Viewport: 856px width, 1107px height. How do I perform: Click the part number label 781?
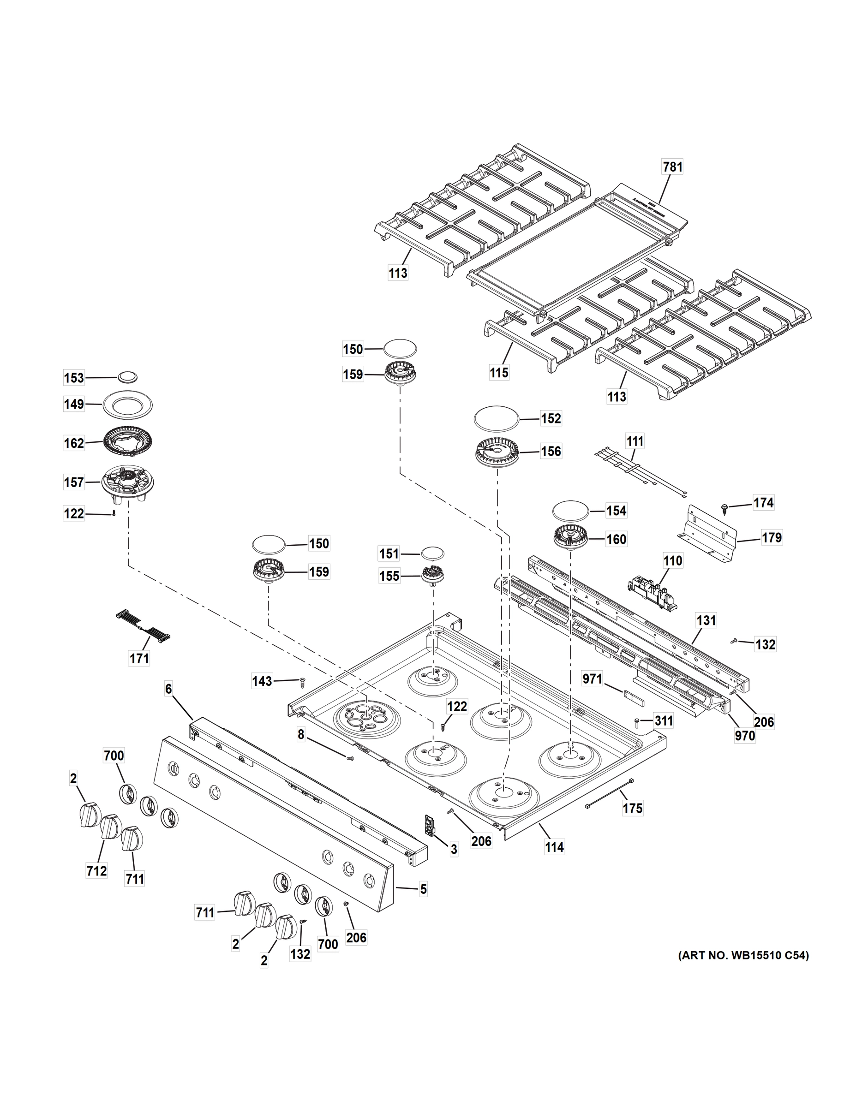(672, 167)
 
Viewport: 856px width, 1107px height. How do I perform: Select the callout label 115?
(498, 373)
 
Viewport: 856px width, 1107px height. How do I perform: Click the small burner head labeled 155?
(432, 576)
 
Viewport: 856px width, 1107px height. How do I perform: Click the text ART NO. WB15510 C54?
(743, 955)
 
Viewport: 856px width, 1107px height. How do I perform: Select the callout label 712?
(96, 870)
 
